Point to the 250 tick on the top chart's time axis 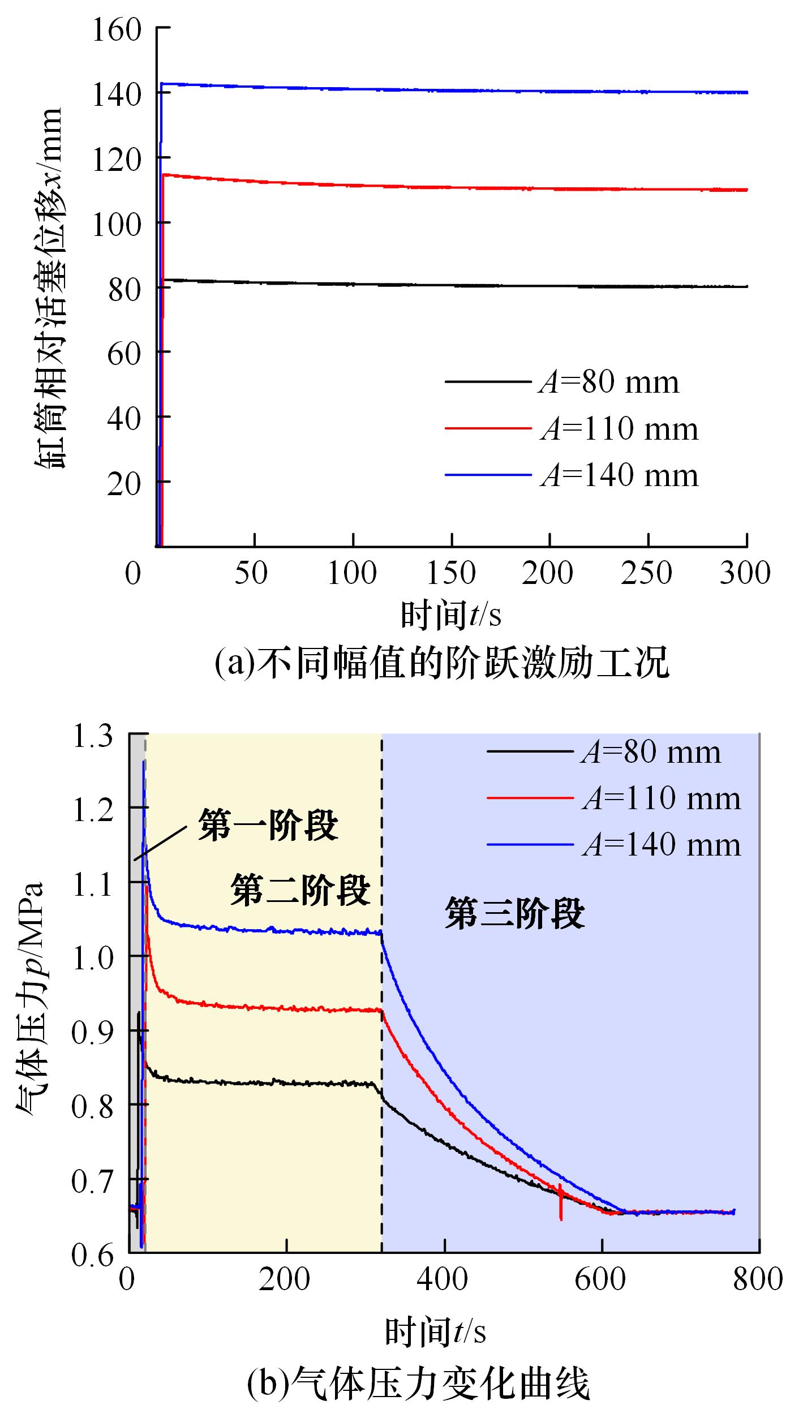click(x=647, y=574)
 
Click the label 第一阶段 click(x=268, y=826)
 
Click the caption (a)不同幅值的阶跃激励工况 click(x=442, y=663)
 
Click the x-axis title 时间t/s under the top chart click(x=451, y=616)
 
